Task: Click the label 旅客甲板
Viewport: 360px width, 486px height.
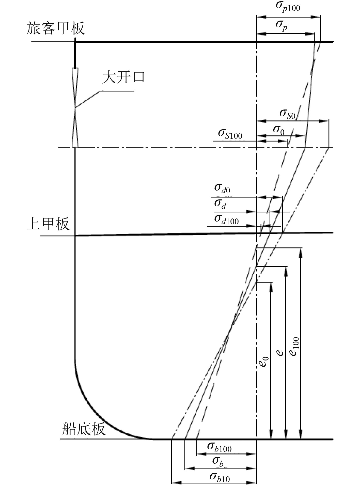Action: click(x=55, y=28)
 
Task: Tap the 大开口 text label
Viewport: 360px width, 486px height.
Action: click(x=123, y=77)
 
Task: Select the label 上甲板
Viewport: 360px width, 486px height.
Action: click(x=48, y=224)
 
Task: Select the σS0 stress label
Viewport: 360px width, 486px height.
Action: click(x=287, y=113)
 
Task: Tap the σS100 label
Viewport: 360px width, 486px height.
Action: click(x=230, y=134)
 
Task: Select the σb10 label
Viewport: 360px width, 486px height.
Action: click(x=220, y=477)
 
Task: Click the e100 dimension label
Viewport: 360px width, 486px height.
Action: click(x=295, y=347)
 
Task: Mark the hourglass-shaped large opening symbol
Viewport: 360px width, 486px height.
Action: click(x=75, y=108)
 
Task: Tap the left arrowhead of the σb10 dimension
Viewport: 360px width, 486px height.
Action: click(x=175, y=482)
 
